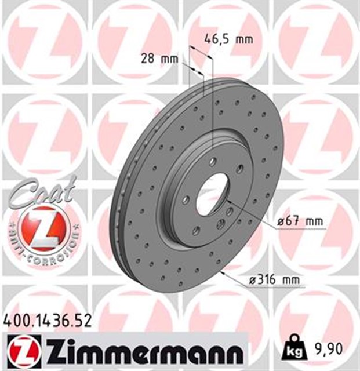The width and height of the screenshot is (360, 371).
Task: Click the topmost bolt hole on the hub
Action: tap(213, 162)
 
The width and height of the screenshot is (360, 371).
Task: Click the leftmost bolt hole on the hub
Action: tap(186, 199)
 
